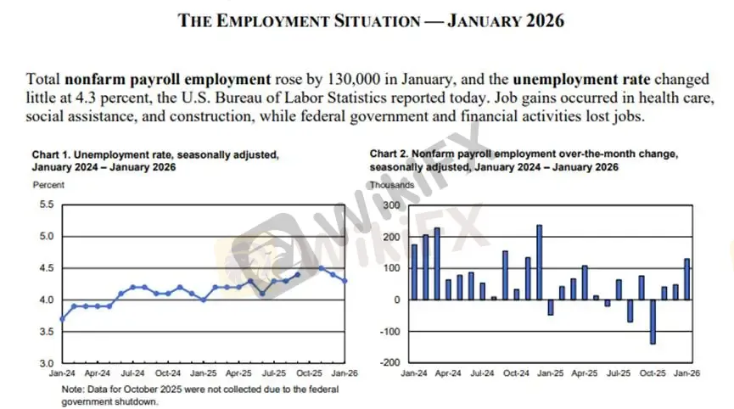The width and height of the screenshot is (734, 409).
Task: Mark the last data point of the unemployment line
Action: [x=345, y=281]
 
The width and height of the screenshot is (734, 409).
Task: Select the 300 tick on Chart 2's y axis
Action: [x=389, y=204]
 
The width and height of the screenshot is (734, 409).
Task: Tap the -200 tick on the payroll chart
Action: [x=387, y=363]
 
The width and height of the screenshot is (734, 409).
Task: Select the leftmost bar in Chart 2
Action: [x=414, y=272]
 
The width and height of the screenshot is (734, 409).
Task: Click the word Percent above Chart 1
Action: [x=48, y=183]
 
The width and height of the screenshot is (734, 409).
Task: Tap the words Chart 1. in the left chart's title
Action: [x=51, y=155]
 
